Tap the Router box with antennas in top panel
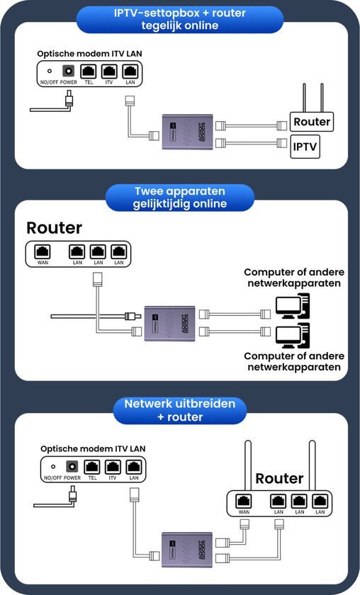pyautogui.click(x=312, y=121)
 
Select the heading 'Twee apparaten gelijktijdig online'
pyautogui.click(x=181, y=198)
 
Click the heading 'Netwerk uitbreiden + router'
pyautogui.click(x=181, y=411)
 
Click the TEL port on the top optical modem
pyautogui.click(x=89, y=72)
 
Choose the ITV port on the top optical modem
pyautogui.click(x=109, y=72)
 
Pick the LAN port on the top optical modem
pyautogui.click(x=130, y=72)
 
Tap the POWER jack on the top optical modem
pyautogui.click(x=69, y=71)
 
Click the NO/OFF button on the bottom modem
pyautogui.click(x=52, y=467)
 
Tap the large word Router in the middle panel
pyautogui.click(x=55, y=227)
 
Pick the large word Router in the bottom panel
pyautogui.click(x=279, y=478)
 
